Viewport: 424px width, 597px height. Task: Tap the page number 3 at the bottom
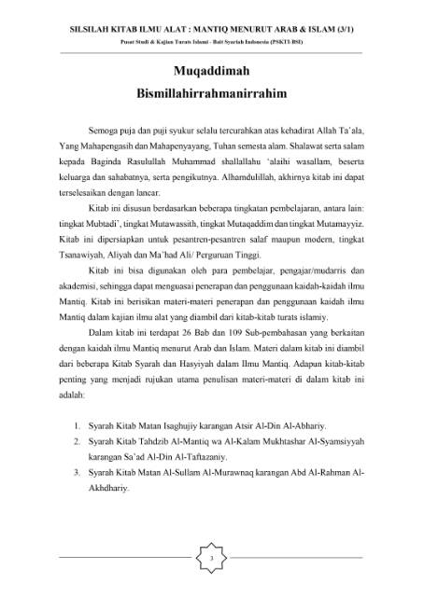[212, 558]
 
